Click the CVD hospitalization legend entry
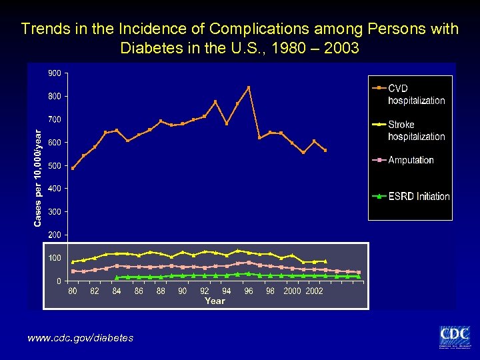pos(416,94)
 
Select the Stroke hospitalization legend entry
pos(416,130)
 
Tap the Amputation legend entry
pos(411,160)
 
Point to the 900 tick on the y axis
pos(55,73)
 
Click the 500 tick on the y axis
pos(55,165)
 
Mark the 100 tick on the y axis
pos(55,258)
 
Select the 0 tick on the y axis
pos(59,281)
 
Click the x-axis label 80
pos(73,291)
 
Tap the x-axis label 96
pos(249,291)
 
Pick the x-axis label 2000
pos(292,291)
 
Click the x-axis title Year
pos(215,301)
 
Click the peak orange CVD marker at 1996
pos(249,87)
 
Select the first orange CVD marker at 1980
pos(73,168)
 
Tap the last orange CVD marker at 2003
pos(325,151)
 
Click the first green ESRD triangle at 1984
pos(117,277)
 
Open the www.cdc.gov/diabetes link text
pos(80,338)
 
